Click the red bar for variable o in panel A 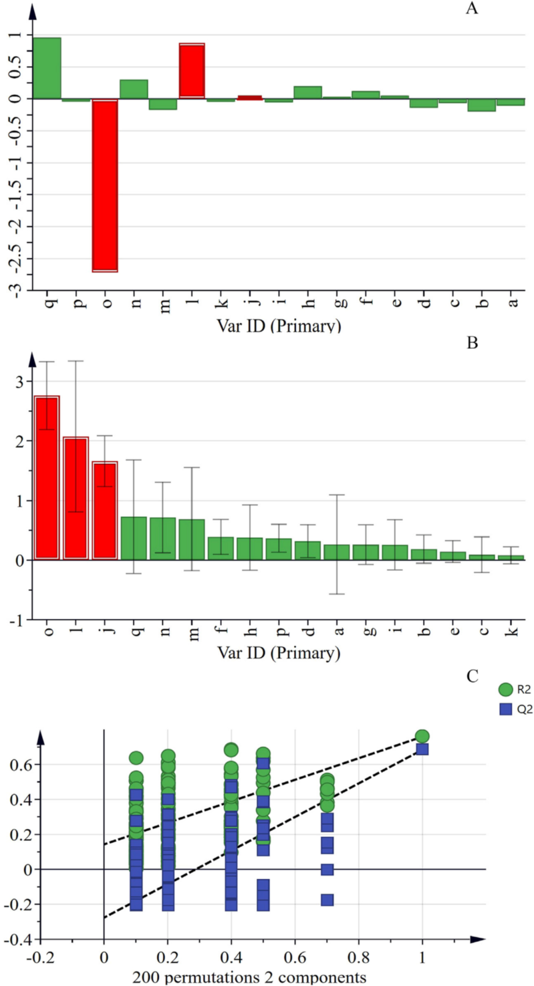[x=105, y=185]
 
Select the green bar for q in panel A [x=46, y=68]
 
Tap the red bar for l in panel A [x=192, y=71]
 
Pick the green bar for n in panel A [x=133, y=89]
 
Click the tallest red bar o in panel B [x=47, y=478]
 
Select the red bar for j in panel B [x=105, y=510]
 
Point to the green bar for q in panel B [x=133, y=538]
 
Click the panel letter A [x=472, y=8]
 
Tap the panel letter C [x=472, y=676]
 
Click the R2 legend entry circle [x=505, y=689]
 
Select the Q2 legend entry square [x=505, y=709]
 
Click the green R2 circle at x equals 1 [x=422, y=736]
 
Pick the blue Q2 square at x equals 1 [x=422, y=749]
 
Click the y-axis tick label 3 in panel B [x=19, y=381]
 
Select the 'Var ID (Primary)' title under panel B [x=279, y=653]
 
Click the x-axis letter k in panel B [x=513, y=630]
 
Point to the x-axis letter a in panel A [x=513, y=301]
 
